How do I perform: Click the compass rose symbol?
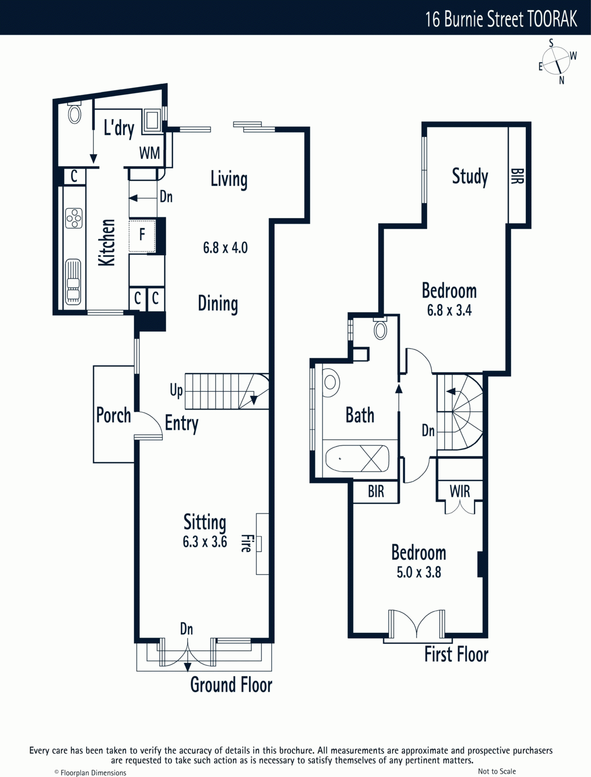[556, 61]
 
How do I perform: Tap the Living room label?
[229, 179]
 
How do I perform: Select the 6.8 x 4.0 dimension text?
[225, 248]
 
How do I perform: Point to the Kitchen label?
[106, 242]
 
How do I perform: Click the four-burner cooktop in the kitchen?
[74, 218]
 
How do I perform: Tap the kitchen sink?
[73, 282]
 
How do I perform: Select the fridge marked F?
[142, 236]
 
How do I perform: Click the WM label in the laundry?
[149, 153]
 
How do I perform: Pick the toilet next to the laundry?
[74, 113]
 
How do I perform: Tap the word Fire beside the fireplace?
[246, 543]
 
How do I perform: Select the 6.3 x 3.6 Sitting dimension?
[205, 542]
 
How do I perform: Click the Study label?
[470, 176]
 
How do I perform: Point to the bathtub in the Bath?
[357, 458]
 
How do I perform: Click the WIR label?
[460, 491]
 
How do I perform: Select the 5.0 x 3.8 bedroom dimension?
[418, 573]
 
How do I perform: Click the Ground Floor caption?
[231, 684]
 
